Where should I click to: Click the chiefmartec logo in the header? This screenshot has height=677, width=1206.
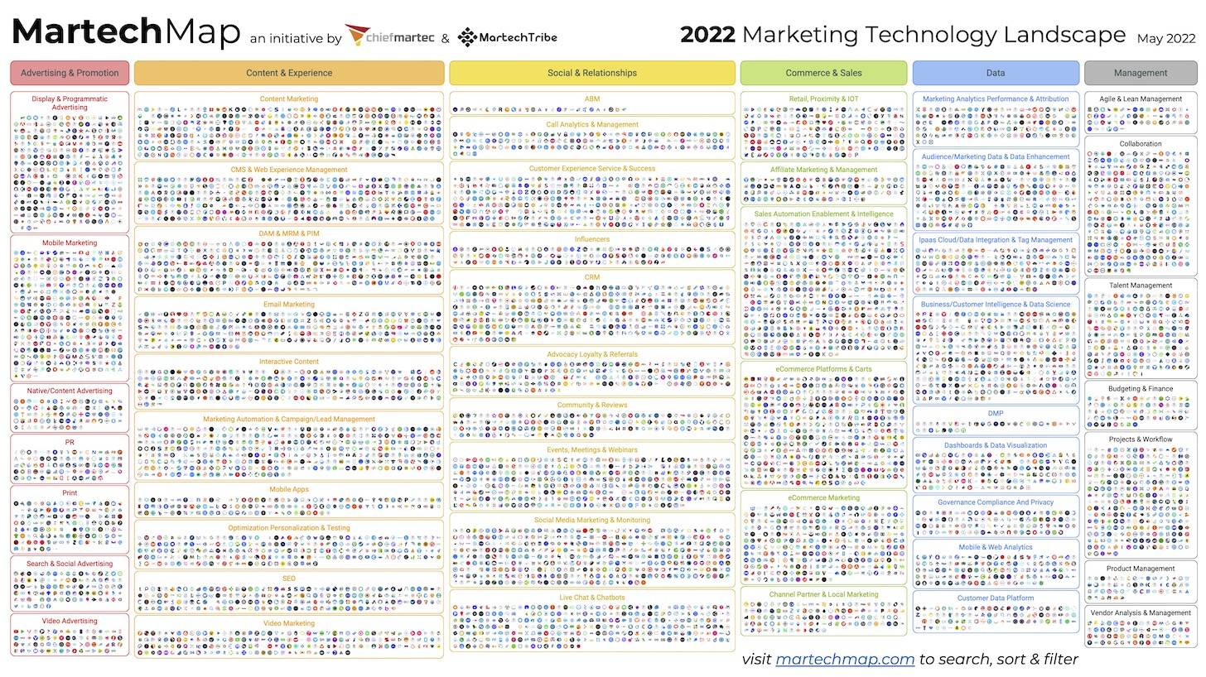pyautogui.click(x=389, y=36)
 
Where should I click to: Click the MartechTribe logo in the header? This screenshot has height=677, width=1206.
pyautogui.click(x=507, y=36)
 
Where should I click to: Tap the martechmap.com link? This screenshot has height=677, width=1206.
pyautogui.click(x=845, y=660)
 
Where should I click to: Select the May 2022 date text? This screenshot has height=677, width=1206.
pyautogui.click(x=1166, y=38)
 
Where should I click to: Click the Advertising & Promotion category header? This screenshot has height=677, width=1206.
pyautogui.click(x=70, y=73)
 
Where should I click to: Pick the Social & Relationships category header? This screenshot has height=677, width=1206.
pyautogui.click(x=592, y=73)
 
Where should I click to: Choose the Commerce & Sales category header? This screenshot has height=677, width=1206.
pyautogui.click(x=823, y=73)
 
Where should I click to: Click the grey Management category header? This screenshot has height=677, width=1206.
pyautogui.click(x=1141, y=73)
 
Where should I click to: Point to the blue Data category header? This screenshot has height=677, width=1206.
pyautogui.click(x=996, y=73)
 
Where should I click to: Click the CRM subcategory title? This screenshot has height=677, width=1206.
pyautogui.click(x=592, y=277)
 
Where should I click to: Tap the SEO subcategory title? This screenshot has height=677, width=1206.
pyautogui.click(x=289, y=579)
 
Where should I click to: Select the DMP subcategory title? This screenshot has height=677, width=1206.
pyautogui.click(x=996, y=414)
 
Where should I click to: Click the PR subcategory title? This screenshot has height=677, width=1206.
pyautogui.click(x=70, y=443)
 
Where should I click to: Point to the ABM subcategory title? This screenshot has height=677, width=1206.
pyautogui.click(x=592, y=99)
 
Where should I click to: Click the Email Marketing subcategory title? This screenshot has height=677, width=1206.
pyautogui.click(x=289, y=305)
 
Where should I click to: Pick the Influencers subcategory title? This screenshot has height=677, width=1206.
pyautogui.click(x=592, y=239)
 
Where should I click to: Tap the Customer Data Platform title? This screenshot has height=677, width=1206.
pyautogui.click(x=996, y=598)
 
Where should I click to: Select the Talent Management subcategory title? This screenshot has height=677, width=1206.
pyautogui.click(x=1141, y=286)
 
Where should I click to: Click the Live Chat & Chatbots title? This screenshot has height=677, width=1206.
pyautogui.click(x=592, y=598)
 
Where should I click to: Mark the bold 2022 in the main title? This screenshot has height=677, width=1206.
pyautogui.click(x=707, y=35)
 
